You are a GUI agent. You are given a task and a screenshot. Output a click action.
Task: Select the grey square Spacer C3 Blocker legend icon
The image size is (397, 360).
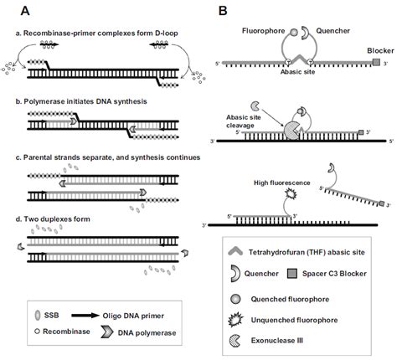310,272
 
